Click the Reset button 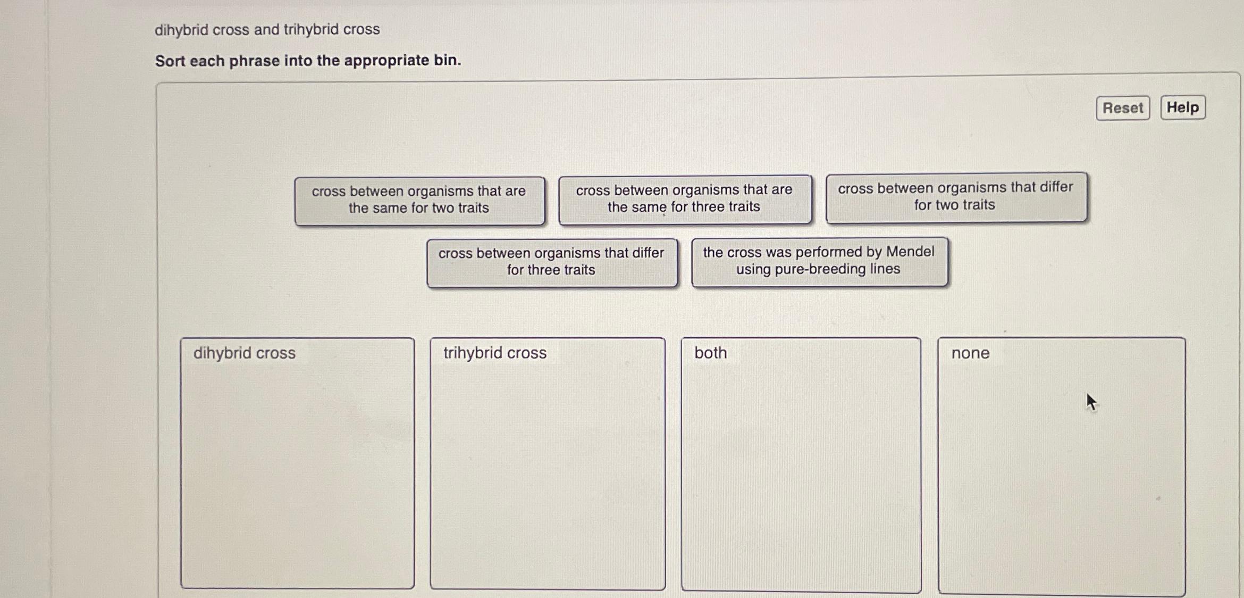coord(1122,108)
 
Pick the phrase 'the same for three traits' coord(684,198)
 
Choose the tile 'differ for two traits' coord(955,196)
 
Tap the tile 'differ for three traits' coord(551,262)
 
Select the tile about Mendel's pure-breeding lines coord(819,261)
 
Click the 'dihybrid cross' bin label coord(244,353)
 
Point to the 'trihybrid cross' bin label coord(494,353)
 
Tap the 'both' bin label coord(710,353)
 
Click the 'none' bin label coord(970,353)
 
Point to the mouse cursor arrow coord(1090,401)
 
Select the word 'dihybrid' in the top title coord(181,30)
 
